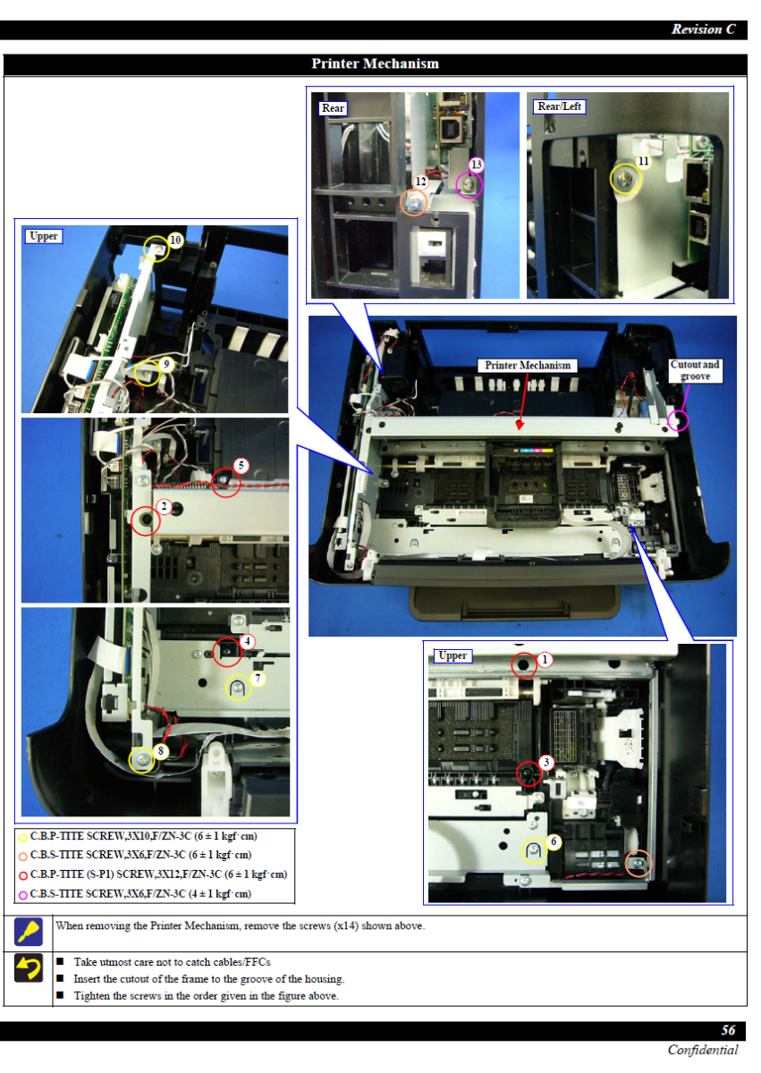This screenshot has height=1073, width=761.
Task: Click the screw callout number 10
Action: point(176,240)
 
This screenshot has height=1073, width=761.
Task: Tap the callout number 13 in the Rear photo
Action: point(476,165)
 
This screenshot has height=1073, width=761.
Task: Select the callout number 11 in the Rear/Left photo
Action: point(644,162)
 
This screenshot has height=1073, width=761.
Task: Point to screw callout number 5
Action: point(241,465)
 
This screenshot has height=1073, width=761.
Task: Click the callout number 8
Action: point(161,750)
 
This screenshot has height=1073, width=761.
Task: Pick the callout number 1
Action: point(545,660)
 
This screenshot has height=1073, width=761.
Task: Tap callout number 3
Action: point(546,762)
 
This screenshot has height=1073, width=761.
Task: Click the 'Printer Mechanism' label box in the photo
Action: point(528,366)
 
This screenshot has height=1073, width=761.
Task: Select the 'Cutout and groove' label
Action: point(695,370)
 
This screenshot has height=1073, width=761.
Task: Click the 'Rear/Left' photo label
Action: point(559,106)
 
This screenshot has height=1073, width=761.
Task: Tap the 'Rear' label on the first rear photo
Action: point(333,108)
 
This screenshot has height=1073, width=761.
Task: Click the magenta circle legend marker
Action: point(22,895)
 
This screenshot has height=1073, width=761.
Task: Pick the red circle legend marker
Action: point(22,875)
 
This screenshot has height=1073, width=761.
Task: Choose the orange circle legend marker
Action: point(22,857)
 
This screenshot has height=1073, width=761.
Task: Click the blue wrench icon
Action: point(29,932)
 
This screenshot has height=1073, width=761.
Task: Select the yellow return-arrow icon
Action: point(29,968)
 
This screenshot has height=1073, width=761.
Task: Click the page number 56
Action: point(728,1030)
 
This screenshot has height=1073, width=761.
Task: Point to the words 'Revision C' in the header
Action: point(703,30)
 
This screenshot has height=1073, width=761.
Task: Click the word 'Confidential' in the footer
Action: point(703,1050)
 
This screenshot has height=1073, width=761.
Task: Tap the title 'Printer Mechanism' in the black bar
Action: point(375,63)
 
